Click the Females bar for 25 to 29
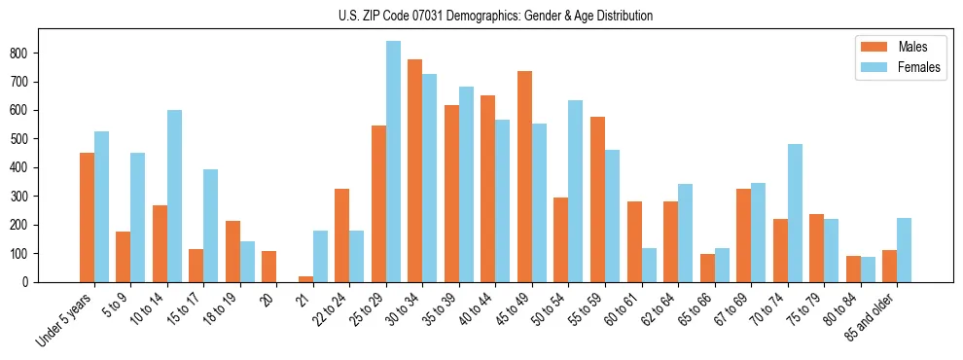(x=393, y=162)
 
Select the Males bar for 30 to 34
(x=415, y=171)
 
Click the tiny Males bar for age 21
(x=305, y=279)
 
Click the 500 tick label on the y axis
(x=21, y=139)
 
